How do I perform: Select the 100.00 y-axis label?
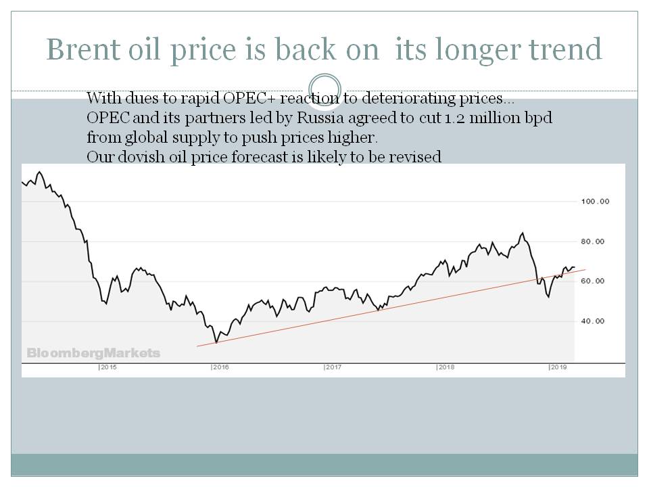tap(596, 202)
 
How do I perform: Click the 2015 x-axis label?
tap(108, 367)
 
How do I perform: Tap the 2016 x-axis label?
tap(220, 367)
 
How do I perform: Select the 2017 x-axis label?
tap(333, 367)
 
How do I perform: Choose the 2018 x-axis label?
tap(446, 367)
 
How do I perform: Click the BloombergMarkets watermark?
tap(93, 353)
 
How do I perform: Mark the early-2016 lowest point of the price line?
tap(216, 343)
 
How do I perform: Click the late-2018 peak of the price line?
tap(522, 233)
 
